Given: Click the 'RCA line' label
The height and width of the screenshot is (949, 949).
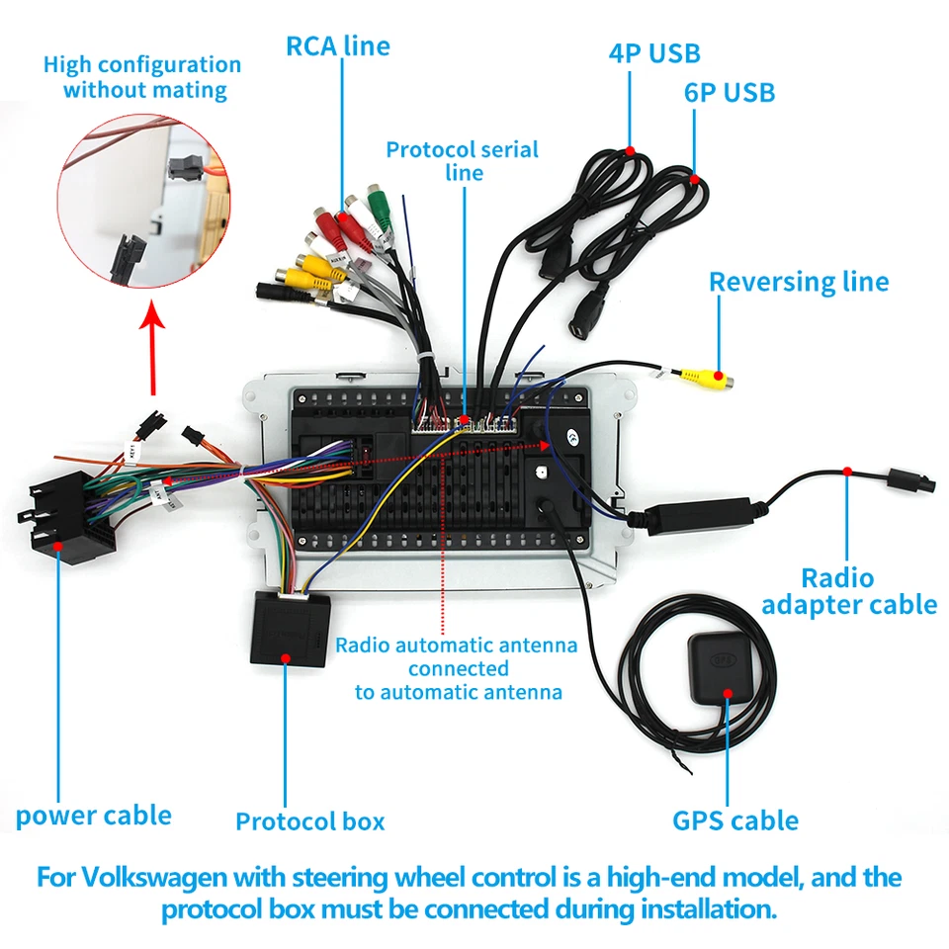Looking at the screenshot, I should pos(338,45).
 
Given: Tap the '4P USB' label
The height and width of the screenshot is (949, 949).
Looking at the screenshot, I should pos(654,52).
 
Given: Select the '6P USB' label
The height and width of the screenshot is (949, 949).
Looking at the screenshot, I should pos(730,93).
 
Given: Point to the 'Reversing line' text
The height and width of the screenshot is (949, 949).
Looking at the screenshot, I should pos(799,282).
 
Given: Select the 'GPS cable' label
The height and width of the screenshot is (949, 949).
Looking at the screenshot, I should pos(735,820).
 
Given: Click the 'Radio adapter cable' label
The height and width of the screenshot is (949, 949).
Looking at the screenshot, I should pos(849,590).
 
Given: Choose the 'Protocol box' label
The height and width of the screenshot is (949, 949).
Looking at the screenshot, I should pos(309,820).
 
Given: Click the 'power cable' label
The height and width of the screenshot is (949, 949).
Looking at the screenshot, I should pos(94,816).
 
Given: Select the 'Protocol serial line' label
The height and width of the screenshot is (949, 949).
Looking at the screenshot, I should pos(462,161).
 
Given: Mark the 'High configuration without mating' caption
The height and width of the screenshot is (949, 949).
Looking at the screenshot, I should pos(142,77).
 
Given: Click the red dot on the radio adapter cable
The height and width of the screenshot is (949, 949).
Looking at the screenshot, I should pos(848,473).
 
